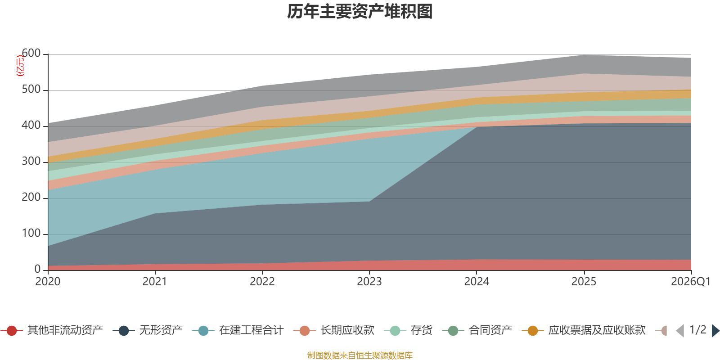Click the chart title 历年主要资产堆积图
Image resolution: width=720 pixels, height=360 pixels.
pos(360,12)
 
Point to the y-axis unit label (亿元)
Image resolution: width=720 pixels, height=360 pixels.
pos(20,66)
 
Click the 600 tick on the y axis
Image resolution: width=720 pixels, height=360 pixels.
pos(31,53)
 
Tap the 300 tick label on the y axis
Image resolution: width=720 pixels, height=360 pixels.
pos(31,161)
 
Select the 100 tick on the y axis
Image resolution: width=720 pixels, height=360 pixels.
pos(31,233)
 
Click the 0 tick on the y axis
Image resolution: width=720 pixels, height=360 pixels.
pos(37,269)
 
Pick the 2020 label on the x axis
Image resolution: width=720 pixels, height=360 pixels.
pos(48,282)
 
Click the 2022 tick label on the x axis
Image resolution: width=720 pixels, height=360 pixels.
pos(262,282)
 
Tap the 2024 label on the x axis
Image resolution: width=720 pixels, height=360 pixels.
pos(477,282)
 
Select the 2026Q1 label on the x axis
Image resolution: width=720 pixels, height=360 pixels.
pos(691,282)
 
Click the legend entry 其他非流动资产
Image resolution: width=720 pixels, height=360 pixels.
pos(52,330)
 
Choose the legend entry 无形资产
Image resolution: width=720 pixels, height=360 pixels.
pos(148,330)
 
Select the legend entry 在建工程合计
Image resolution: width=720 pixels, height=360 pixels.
pos(238,330)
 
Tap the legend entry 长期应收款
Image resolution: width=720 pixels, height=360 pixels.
pos(334,330)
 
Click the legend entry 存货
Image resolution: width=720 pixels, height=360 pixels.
pos(408,330)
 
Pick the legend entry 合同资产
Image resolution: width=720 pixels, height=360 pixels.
pos(477,330)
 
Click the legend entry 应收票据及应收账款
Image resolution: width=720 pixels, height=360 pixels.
pos(583,330)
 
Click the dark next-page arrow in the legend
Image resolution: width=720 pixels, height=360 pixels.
pos(715,331)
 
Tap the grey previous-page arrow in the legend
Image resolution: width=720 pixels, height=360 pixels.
pos(680,331)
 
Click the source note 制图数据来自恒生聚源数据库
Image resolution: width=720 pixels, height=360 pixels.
pos(360,355)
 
